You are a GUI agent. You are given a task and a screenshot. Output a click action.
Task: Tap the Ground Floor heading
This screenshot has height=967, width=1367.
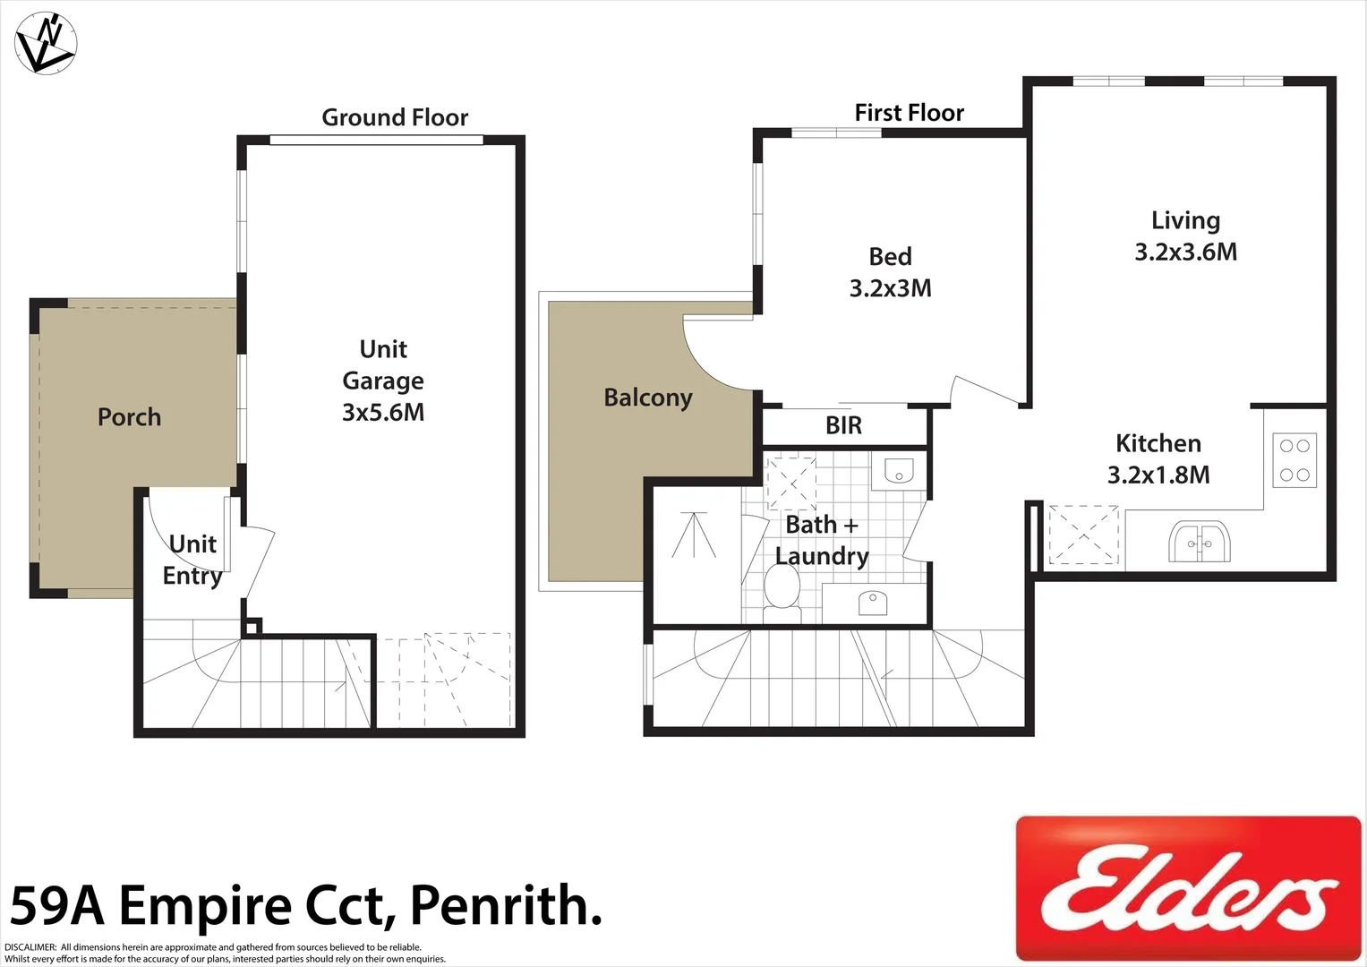(x=395, y=117)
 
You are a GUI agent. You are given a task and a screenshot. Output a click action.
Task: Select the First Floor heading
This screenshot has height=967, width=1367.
(x=909, y=113)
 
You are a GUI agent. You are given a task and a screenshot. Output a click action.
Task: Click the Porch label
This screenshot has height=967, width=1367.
(x=129, y=417)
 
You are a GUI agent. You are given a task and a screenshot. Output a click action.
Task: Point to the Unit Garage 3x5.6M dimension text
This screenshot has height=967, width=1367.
(x=383, y=412)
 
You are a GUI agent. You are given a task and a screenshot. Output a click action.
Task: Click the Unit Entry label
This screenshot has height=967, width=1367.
(x=192, y=560)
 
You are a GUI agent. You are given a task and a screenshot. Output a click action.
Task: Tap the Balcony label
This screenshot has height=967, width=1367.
(x=648, y=398)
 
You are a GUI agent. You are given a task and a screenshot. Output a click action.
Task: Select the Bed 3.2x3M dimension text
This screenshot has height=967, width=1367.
(x=890, y=288)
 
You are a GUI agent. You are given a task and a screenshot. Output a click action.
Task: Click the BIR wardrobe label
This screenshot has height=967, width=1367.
(x=843, y=426)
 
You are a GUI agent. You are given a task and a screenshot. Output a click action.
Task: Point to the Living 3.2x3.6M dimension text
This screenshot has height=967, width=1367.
(x=1185, y=252)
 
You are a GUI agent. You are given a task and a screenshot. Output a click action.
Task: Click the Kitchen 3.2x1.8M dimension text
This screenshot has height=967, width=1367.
(x=1158, y=475)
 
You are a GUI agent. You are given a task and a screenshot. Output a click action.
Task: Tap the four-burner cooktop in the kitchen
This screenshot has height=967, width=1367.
(x=1294, y=460)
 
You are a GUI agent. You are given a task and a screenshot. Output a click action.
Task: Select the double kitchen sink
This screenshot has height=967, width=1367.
(x=1200, y=543)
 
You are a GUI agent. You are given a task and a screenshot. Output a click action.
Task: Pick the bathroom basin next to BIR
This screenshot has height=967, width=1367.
(x=897, y=471)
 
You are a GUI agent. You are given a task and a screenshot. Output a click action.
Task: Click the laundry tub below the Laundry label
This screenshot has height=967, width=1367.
(x=873, y=603)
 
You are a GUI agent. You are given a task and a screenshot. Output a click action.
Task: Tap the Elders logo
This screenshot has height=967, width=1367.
(x=1188, y=887)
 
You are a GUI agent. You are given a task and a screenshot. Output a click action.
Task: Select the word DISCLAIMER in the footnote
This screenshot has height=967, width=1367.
(x=30, y=947)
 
